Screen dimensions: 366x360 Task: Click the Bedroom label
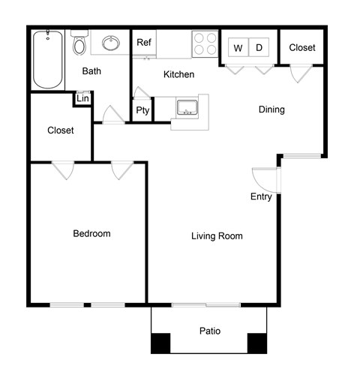pos(91,233)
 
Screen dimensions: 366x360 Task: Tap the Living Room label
pos(217,236)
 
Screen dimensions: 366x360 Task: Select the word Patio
pos(209,331)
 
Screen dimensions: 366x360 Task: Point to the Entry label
pos(262,197)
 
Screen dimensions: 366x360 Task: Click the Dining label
pos(271,109)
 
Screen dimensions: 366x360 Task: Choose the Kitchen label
pos(179,75)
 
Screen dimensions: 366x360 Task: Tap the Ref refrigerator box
pos(144,43)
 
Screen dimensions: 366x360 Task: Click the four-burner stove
pos(204,43)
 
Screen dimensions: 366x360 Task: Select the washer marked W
pos(238,48)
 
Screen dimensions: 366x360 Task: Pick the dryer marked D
pos(259,48)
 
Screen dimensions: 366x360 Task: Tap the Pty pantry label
pos(142,110)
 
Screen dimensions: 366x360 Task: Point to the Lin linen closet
pos(82,99)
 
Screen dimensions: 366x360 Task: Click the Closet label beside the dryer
pos(302,47)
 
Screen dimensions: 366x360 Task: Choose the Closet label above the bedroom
pos(61,130)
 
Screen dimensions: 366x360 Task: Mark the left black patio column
pos(160,343)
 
